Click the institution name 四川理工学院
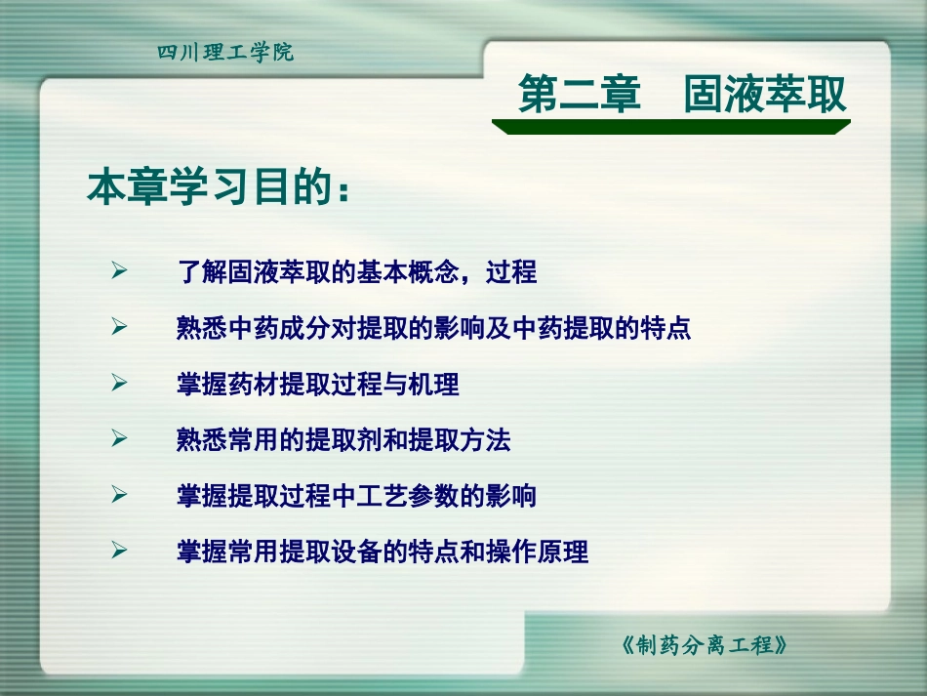click(x=225, y=53)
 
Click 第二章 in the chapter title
click(x=579, y=96)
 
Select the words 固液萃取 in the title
click(x=764, y=96)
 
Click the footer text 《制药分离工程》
click(x=703, y=645)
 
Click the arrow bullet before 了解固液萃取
click(x=120, y=271)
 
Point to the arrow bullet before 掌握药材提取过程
click(x=120, y=384)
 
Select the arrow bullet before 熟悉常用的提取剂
click(x=120, y=439)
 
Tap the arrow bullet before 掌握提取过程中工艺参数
click(x=120, y=496)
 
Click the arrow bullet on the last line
click(x=120, y=552)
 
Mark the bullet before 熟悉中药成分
click(x=120, y=328)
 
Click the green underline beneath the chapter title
click(x=670, y=127)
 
